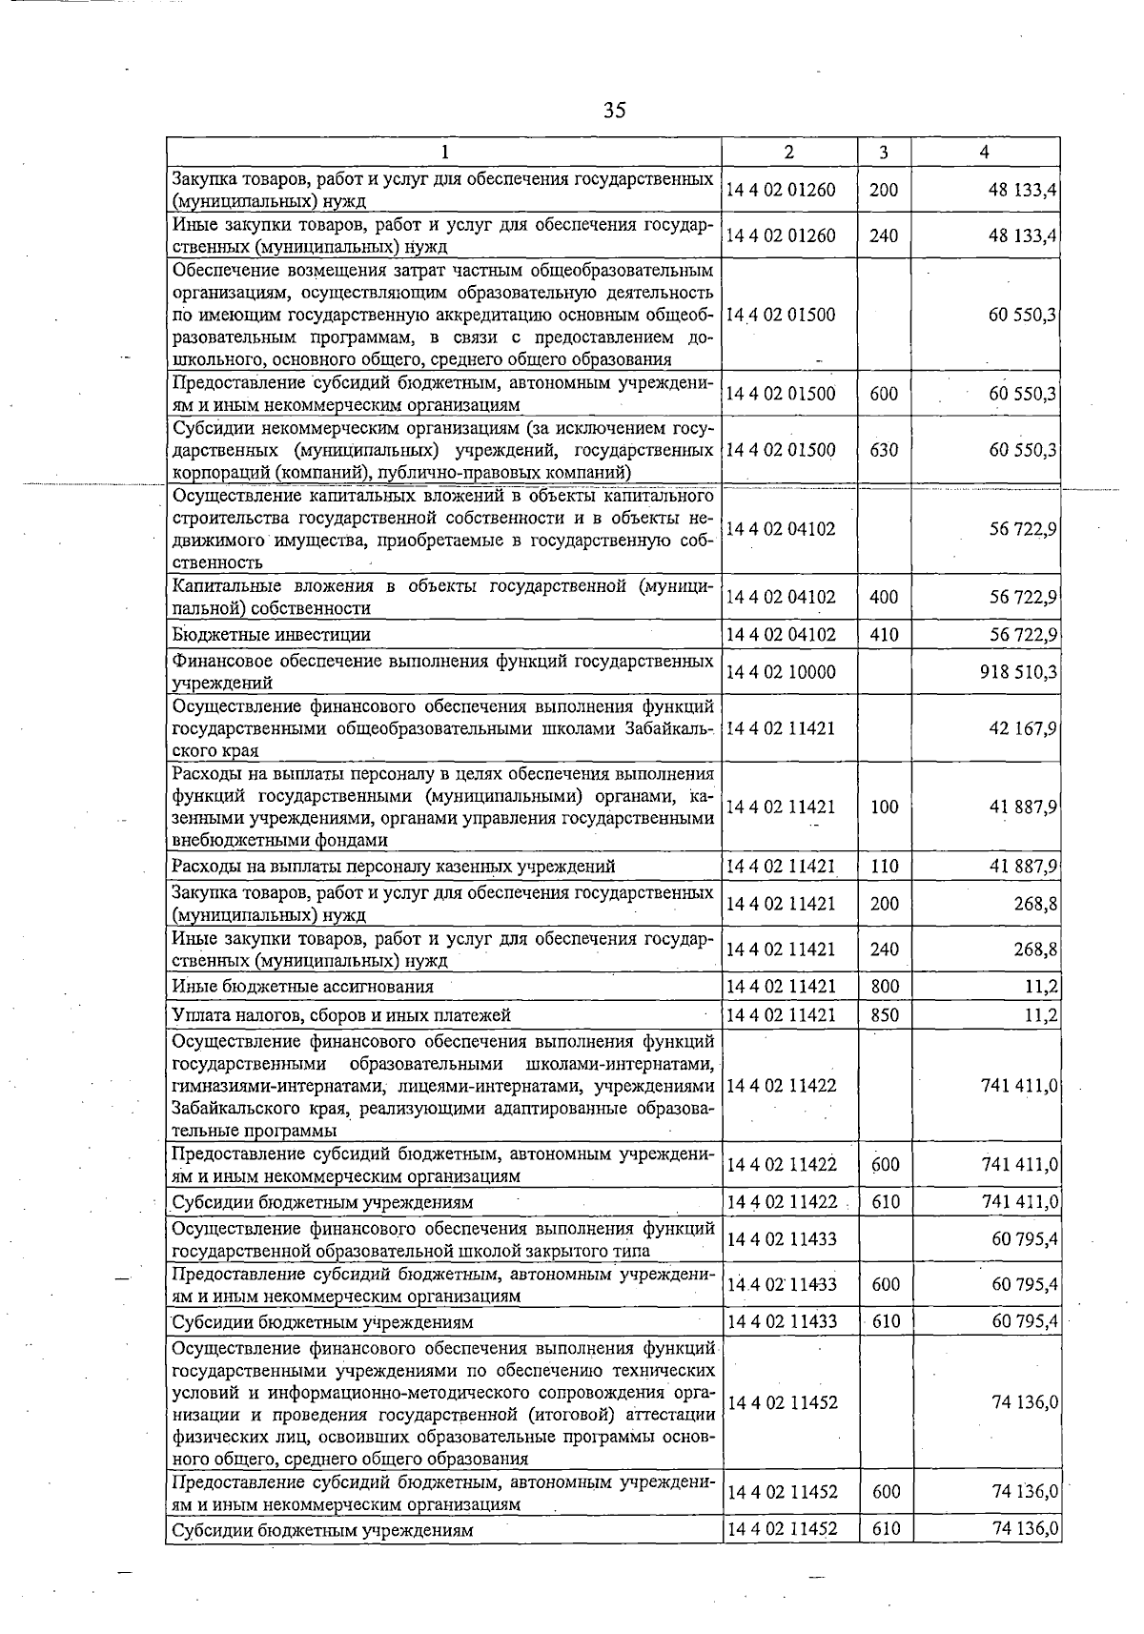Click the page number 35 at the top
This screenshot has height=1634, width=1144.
614,111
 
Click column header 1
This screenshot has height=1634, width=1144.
443,153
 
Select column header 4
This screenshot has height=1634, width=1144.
984,153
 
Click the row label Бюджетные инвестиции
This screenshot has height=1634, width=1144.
272,635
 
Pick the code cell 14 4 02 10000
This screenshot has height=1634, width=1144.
780,672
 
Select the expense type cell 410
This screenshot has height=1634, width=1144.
884,635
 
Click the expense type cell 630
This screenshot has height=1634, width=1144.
884,450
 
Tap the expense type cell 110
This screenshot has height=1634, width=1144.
884,867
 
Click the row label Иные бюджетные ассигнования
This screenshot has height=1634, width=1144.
302,987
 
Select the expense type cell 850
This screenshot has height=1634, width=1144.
884,1015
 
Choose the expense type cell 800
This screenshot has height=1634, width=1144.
884,987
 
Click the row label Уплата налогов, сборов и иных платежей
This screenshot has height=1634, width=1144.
341,1015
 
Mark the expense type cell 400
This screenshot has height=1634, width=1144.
884,598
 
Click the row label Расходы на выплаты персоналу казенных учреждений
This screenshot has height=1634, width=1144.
393,867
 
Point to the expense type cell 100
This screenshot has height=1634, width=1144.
884,807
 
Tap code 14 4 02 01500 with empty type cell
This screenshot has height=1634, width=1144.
780,316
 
